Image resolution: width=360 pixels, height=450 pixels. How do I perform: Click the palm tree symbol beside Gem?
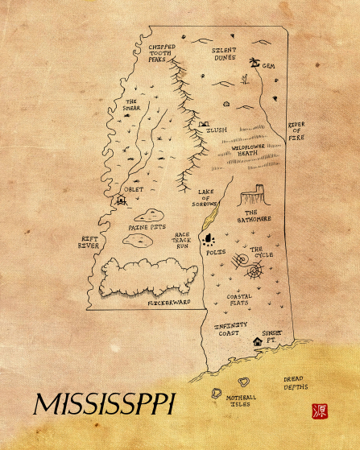[254, 62]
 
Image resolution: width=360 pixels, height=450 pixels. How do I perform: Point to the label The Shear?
[132, 105]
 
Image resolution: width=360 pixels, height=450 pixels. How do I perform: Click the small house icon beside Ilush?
[203, 125]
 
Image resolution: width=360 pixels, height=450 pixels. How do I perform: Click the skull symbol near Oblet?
[122, 199]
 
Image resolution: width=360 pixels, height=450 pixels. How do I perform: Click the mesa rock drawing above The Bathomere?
[254, 195]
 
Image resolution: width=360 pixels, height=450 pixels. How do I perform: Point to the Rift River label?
[89, 242]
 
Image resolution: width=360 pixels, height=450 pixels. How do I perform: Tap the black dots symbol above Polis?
[212, 238]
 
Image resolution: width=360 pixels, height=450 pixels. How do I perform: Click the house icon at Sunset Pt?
[258, 341]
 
